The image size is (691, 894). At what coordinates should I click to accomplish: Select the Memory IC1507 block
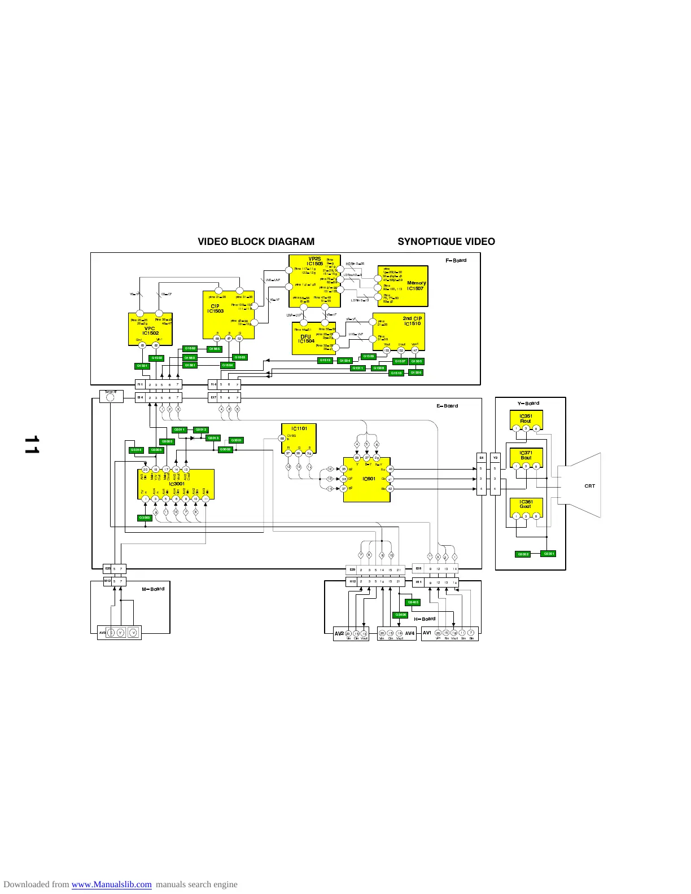tap(403, 286)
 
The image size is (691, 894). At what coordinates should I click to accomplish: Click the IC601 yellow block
tap(367, 479)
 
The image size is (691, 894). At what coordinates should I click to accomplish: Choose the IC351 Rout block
tap(526, 419)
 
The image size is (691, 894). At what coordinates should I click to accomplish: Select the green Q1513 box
tap(325, 361)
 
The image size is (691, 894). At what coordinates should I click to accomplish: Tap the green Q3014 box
tap(136, 450)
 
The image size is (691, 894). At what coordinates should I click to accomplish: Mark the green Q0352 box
tap(523, 554)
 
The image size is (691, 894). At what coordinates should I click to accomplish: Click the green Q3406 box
tap(400, 615)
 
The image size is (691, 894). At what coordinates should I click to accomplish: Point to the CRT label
tap(589, 486)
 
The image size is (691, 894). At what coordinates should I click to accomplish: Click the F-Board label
tap(456, 260)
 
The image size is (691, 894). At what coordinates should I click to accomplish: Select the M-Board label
tap(153, 589)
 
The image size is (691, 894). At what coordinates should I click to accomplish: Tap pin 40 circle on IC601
tap(390, 469)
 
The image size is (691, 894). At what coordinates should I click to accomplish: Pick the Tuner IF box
tap(111, 396)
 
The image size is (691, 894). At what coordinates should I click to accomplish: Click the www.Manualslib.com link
tap(111, 884)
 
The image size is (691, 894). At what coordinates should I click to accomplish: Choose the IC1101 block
tap(299, 438)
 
